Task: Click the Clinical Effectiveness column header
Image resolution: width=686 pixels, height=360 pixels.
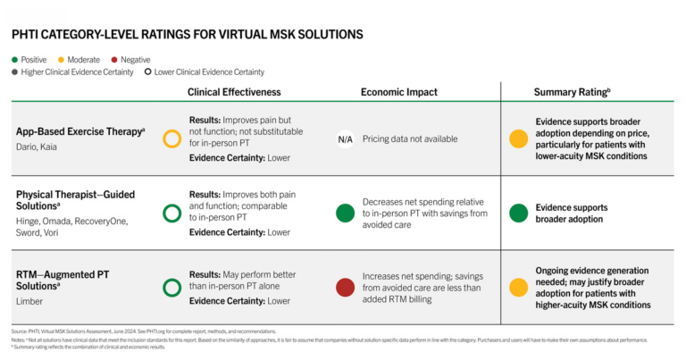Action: (234, 92)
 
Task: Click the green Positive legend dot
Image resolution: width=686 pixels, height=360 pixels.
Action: (15, 59)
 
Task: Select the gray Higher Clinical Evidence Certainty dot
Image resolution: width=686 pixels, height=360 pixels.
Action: (15, 71)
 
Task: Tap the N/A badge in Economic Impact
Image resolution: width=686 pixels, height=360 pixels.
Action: (345, 139)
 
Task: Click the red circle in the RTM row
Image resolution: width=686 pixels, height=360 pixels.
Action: (345, 288)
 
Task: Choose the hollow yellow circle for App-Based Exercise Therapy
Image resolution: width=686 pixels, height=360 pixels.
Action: (171, 139)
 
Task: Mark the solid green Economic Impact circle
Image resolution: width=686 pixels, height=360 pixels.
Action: (345, 213)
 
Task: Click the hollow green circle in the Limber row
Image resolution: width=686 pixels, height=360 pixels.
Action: (171, 288)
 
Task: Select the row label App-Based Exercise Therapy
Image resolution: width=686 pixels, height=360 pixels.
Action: (79, 131)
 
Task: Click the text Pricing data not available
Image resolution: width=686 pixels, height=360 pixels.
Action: (410, 139)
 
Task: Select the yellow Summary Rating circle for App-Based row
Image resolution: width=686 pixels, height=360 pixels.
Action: (517, 139)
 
